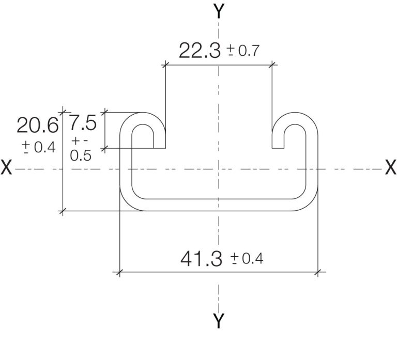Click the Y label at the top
pyautogui.click(x=219, y=11)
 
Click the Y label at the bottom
pyautogui.click(x=219, y=321)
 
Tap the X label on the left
pyautogui.click(x=7, y=168)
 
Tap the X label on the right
pyautogui.click(x=390, y=168)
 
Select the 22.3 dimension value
pyautogui.click(x=200, y=51)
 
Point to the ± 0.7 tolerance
pyautogui.click(x=243, y=51)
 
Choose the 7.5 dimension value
pyautogui.click(x=83, y=124)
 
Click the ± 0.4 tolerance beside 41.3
pyautogui.click(x=247, y=258)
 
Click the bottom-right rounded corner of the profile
pyautogui.click(x=309, y=202)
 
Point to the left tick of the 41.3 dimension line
pyautogui.click(x=119, y=271)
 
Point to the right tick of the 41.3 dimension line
pyautogui.click(x=317, y=271)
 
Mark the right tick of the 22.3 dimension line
pyautogui.click(x=272, y=65)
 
